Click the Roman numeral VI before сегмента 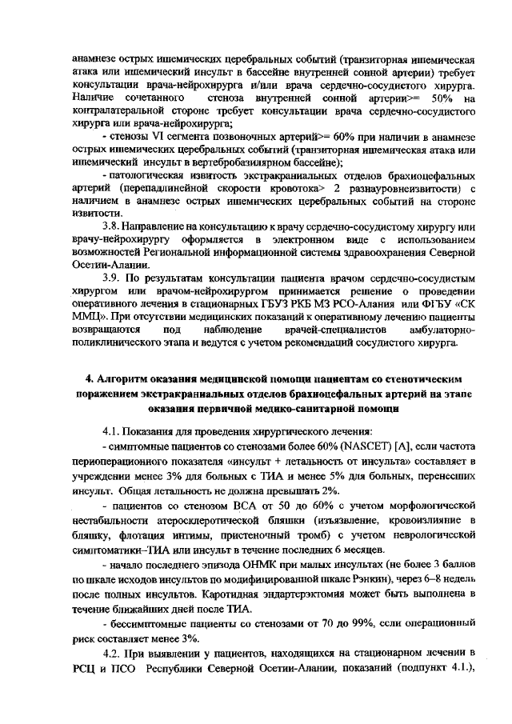tap(154, 138)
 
